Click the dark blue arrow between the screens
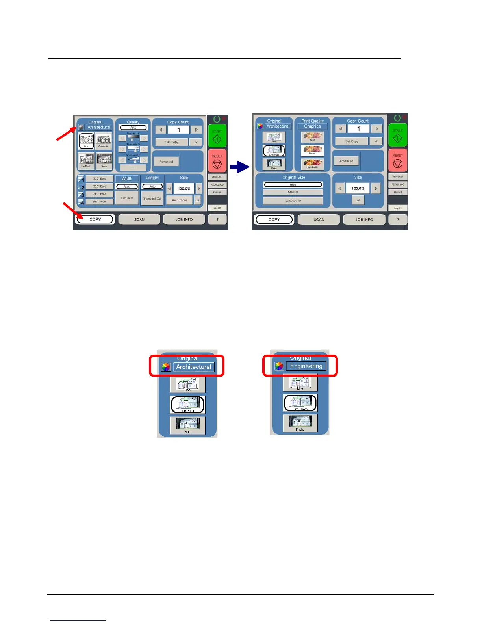coord(240,167)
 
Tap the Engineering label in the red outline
coord(306,366)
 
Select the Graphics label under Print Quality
coord(312,126)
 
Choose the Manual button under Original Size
coord(293,192)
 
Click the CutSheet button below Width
coord(127,198)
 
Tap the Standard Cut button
coord(152,199)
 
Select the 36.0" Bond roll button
coord(99,186)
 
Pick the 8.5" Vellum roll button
coord(99,202)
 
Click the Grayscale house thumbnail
coord(104,140)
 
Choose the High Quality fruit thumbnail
coord(312,163)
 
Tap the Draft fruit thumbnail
coord(312,137)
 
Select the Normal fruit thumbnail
coord(312,150)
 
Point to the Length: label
coord(152,178)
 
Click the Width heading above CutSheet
coord(127,178)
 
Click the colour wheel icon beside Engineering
coord(279,366)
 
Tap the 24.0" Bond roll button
coord(99,194)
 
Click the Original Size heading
coord(293,177)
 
